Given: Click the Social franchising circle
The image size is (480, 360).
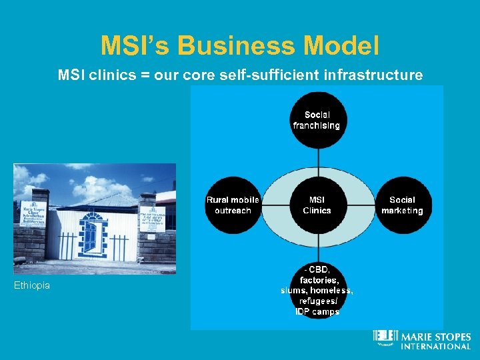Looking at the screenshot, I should [x=318, y=120].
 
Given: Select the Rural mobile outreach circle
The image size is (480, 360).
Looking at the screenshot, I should [x=233, y=205].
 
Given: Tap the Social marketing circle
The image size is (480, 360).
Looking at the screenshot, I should [x=402, y=205].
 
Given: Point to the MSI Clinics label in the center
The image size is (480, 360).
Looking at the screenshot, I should [x=317, y=205].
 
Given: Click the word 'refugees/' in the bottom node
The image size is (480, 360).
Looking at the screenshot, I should [x=317, y=301].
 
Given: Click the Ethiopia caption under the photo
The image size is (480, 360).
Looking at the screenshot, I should [x=32, y=286].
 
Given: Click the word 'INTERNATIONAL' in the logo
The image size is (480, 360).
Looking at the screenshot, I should [x=435, y=346].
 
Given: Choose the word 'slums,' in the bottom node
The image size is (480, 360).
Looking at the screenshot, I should [x=295, y=291].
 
